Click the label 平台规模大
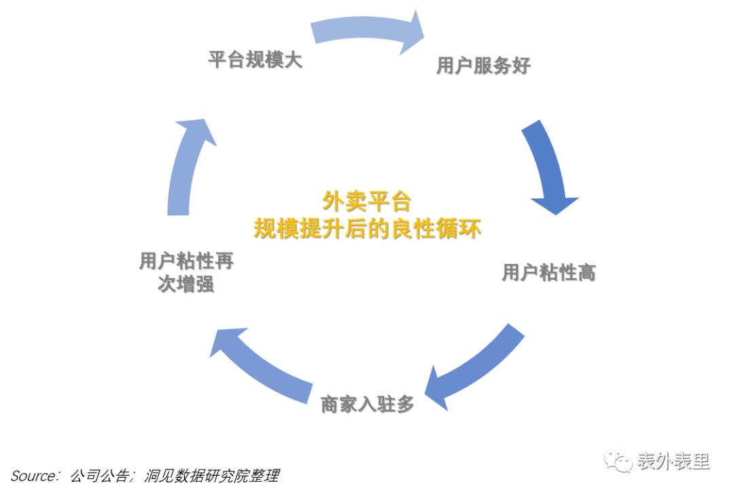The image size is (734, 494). [254, 59]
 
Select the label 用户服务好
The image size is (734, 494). [483, 65]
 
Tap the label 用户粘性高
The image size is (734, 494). [548, 272]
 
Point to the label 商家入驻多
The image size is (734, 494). [367, 404]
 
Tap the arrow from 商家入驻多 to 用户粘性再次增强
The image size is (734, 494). [262, 363]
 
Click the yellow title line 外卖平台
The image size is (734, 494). [366, 201]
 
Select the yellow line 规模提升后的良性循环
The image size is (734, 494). [367, 228]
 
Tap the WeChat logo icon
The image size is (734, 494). [618, 461]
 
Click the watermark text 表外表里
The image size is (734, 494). [673, 461]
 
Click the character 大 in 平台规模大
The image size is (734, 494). [292, 59]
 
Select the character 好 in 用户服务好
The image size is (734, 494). [521, 65]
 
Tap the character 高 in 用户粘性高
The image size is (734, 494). [587, 272]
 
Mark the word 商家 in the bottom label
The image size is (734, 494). [338, 404]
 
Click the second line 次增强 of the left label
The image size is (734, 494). [186, 284]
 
